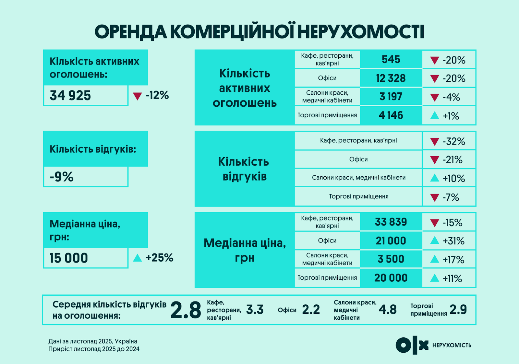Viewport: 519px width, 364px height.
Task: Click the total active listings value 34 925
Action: point(70,96)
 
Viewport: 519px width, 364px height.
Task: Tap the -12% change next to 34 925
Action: point(157,95)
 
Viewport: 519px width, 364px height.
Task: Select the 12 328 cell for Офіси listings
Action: point(391,78)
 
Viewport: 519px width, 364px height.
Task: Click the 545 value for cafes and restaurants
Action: point(391,59)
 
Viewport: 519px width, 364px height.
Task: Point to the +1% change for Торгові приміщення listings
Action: point(451,116)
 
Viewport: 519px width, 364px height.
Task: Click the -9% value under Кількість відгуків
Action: point(62,177)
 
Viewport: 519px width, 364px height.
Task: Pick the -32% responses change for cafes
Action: point(453,141)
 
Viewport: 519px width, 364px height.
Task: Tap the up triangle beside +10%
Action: point(434,178)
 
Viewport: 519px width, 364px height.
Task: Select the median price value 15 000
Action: point(69,258)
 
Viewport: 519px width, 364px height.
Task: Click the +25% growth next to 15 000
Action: point(159,258)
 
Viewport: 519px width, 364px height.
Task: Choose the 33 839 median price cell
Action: point(391,222)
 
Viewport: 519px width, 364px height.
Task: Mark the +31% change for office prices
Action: point(453,241)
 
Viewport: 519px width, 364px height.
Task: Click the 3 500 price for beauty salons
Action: point(391,259)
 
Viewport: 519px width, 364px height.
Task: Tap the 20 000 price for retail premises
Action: point(391,278)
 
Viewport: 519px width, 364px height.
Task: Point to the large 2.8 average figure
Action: point(186,310)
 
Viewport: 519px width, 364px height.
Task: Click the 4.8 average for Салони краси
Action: point(388,310)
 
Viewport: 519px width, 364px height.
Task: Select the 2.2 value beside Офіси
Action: point(311,310)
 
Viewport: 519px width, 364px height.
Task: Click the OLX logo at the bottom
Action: point(412,346)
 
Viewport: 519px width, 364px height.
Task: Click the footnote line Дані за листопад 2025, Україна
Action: point(93,341)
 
